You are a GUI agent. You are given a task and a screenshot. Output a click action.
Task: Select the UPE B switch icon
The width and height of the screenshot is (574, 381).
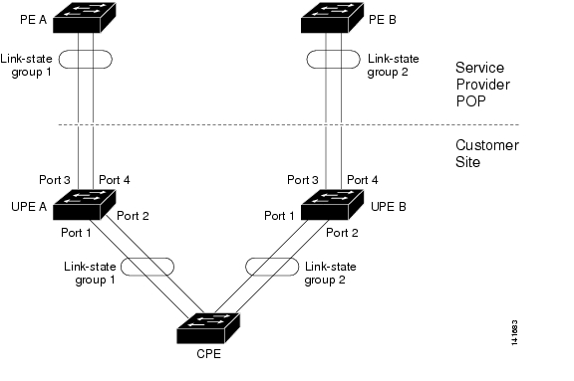329,206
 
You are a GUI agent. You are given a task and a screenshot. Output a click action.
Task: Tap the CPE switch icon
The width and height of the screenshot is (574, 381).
207,327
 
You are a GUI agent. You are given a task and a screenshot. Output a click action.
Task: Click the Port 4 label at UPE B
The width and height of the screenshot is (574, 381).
362,180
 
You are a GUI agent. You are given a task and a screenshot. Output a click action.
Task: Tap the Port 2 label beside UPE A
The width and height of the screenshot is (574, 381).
133,215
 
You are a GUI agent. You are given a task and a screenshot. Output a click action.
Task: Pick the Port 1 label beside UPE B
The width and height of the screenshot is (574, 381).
280,215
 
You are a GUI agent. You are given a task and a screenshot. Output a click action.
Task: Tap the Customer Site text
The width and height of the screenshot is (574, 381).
487,152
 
